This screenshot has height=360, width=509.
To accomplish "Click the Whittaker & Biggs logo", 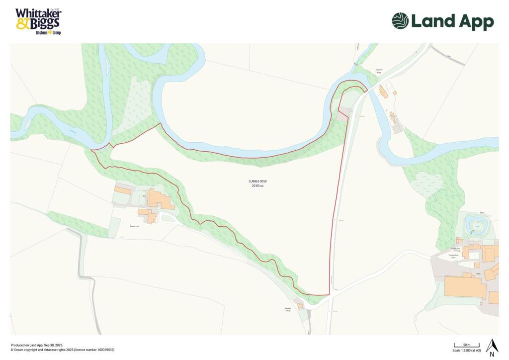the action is tap(38, 21).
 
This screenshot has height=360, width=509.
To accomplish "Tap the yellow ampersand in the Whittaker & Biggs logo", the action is tap(22, 23).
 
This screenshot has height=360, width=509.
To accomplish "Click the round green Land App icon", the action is tap(400, 21).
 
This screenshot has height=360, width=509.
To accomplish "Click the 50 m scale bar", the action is tap(466, 345).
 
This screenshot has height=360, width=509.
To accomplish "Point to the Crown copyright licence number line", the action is tap(63, 350).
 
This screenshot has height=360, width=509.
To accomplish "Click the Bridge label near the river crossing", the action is tap(379, 72).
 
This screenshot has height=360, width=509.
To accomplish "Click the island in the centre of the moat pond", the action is tap(477, 225).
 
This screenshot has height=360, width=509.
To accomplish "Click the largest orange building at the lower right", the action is tap(465, 287).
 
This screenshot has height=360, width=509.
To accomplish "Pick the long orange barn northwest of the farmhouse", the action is tap(123, 189).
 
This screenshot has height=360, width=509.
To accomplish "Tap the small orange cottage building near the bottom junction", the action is tap(301, 306).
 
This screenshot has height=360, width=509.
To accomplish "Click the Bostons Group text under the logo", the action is tap(48, 33).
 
